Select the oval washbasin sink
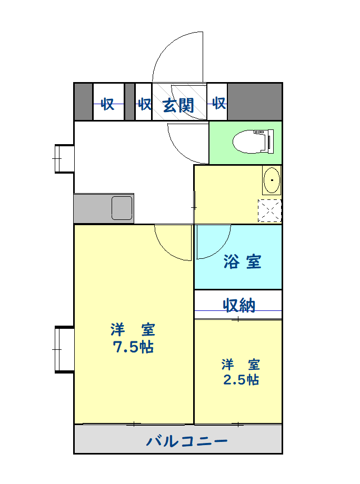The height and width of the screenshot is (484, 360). click(272, 180)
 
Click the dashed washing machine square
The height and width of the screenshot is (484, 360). click(269, 211)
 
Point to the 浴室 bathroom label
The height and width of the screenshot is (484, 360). click(242, 261)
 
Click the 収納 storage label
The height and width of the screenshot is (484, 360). click(239, 305)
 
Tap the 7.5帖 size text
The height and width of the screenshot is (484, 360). click(133, 347)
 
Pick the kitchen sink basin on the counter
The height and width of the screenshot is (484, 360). click(122, 208)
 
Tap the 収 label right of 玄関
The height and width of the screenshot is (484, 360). click(219, 103)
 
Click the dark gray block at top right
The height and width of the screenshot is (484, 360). click(255, 102)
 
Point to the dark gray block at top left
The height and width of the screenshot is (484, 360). click(83, 102)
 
